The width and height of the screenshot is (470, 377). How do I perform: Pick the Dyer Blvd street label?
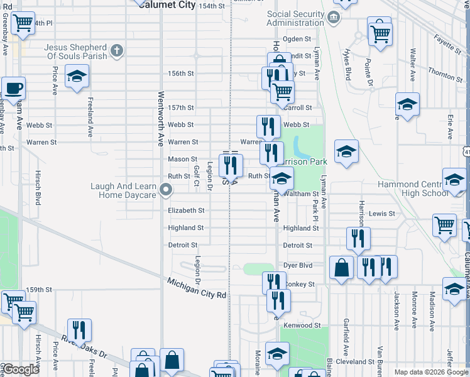[298, 265]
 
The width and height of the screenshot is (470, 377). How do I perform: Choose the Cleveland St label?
[355, 362]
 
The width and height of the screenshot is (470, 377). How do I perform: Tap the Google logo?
[20, 369]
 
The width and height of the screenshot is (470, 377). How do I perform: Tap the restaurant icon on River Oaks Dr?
[79, 330]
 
